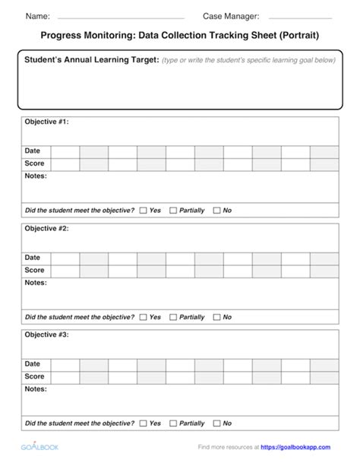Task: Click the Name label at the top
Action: [38, 16]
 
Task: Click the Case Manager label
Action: [231, 16]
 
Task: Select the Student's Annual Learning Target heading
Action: [91, 60]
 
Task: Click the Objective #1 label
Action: [46, 122]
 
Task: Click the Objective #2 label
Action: [46, 228]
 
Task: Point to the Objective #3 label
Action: [46, 334]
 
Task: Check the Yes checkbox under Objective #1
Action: [143, 211]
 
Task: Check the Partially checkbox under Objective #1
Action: [173, 211]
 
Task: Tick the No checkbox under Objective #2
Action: [216, 317]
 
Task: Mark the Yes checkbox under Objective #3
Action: [143, 423]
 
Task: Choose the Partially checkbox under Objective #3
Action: [173, 423]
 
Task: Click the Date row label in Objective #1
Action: [33, 151]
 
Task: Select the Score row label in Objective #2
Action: [34, 270]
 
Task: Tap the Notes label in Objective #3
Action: [36, 388]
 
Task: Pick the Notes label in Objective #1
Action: [36, 176]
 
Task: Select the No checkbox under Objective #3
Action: [216, 423]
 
